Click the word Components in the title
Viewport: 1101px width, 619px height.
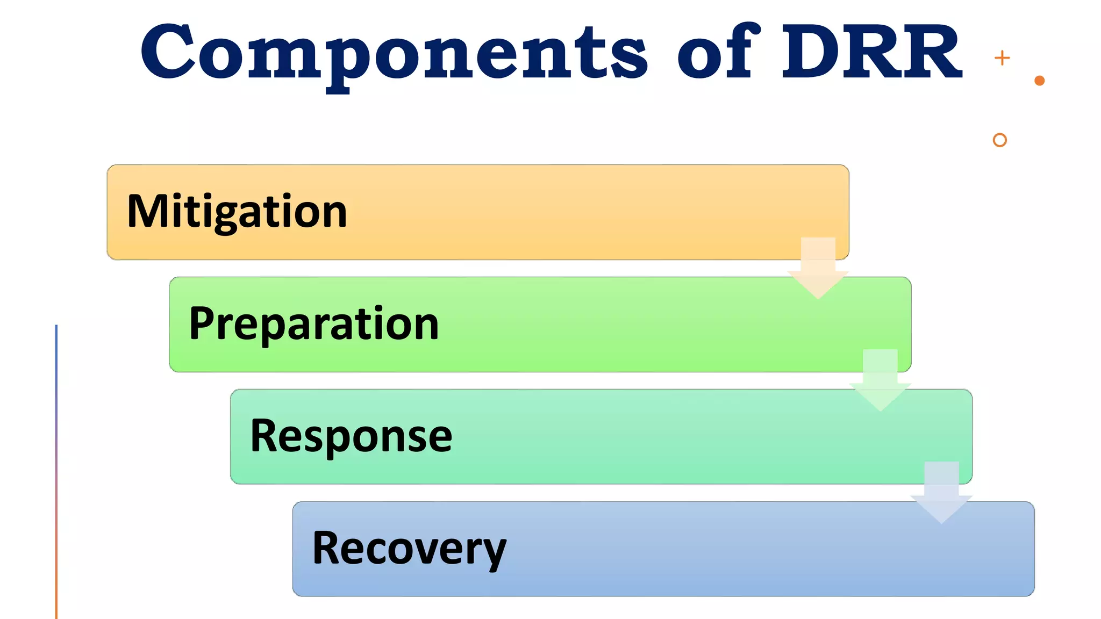394,53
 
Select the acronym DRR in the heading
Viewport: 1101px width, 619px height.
871,52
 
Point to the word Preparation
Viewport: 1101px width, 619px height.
314,324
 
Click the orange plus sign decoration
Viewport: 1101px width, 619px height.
1002,58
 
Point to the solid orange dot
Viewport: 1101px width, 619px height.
1039,81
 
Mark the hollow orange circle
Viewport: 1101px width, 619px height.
999,140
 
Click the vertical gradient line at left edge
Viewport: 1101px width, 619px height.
56,473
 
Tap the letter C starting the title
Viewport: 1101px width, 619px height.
168,52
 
